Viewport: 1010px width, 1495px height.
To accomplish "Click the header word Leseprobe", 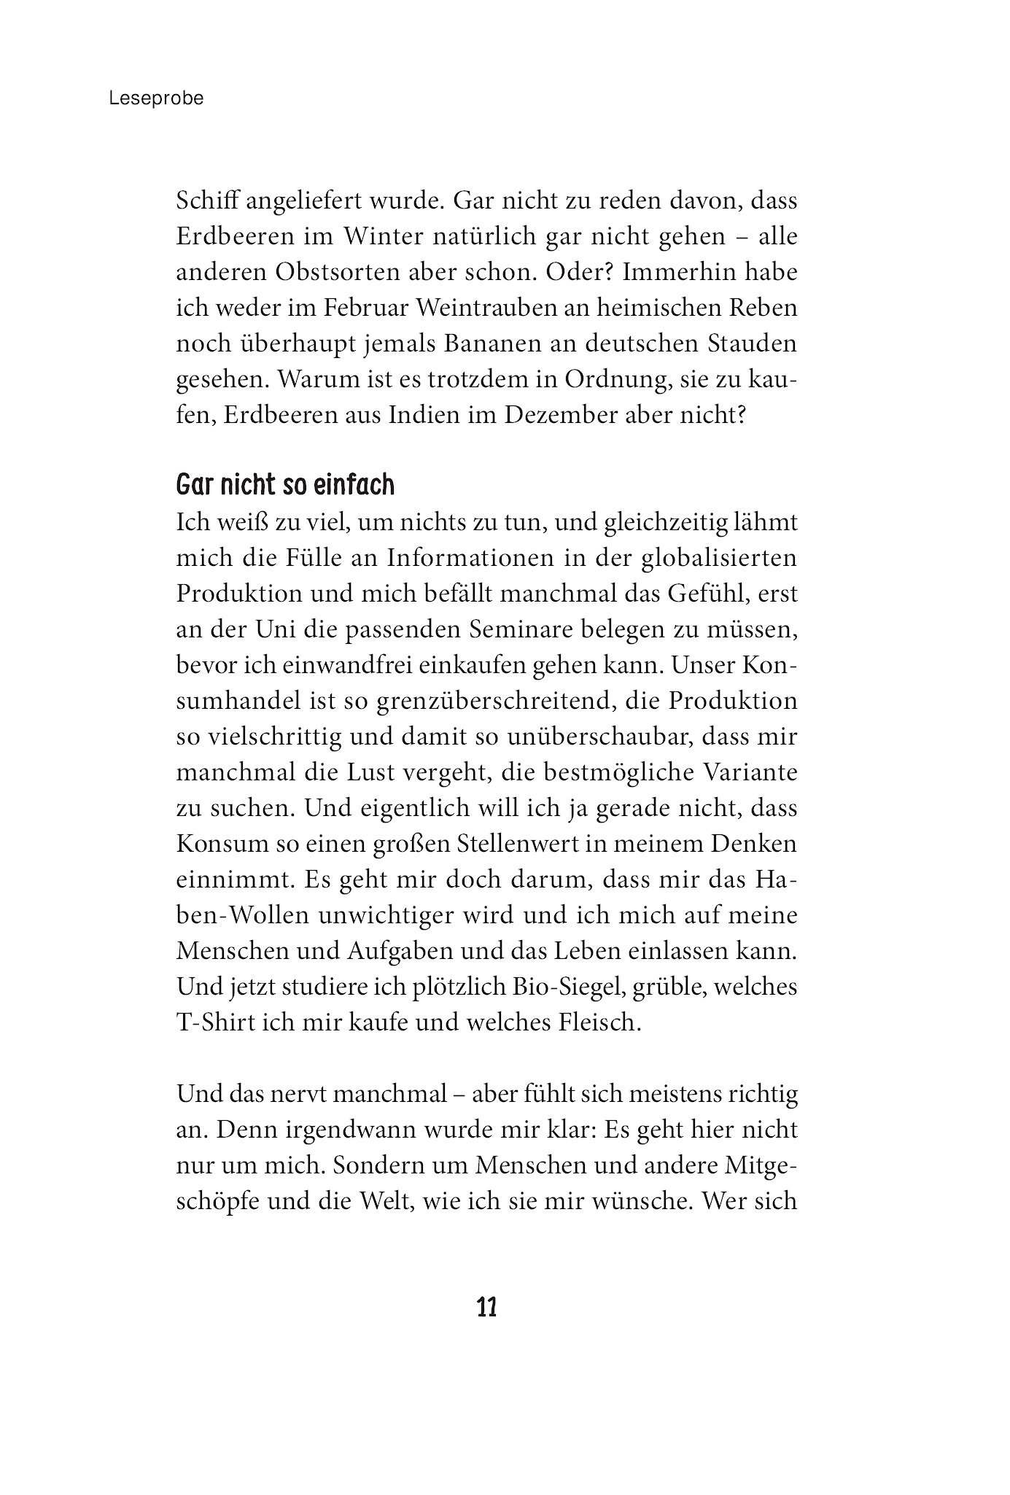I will (x=156, y=98).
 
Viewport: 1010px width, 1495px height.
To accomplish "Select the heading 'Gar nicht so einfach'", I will (x=285, y=484).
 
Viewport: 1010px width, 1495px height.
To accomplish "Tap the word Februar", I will (x=365, y=307).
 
